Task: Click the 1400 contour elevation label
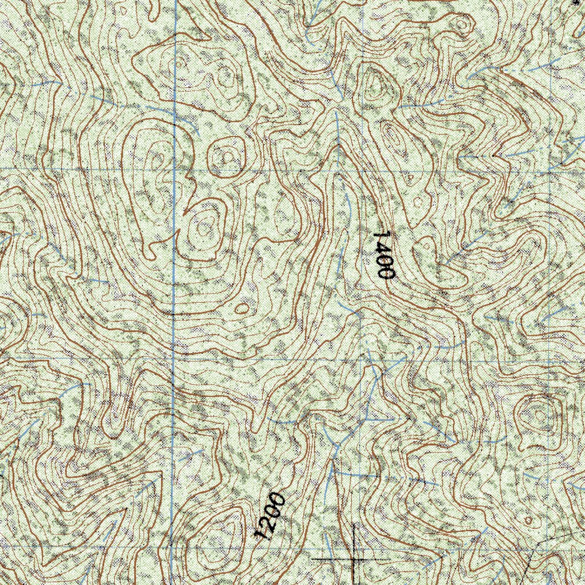click(386, 255)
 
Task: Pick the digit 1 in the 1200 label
click(261, 534)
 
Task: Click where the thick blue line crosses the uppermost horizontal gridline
click(174, 169)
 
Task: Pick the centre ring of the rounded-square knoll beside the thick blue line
click(225, 155)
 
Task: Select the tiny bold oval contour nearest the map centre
click(243, 308)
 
